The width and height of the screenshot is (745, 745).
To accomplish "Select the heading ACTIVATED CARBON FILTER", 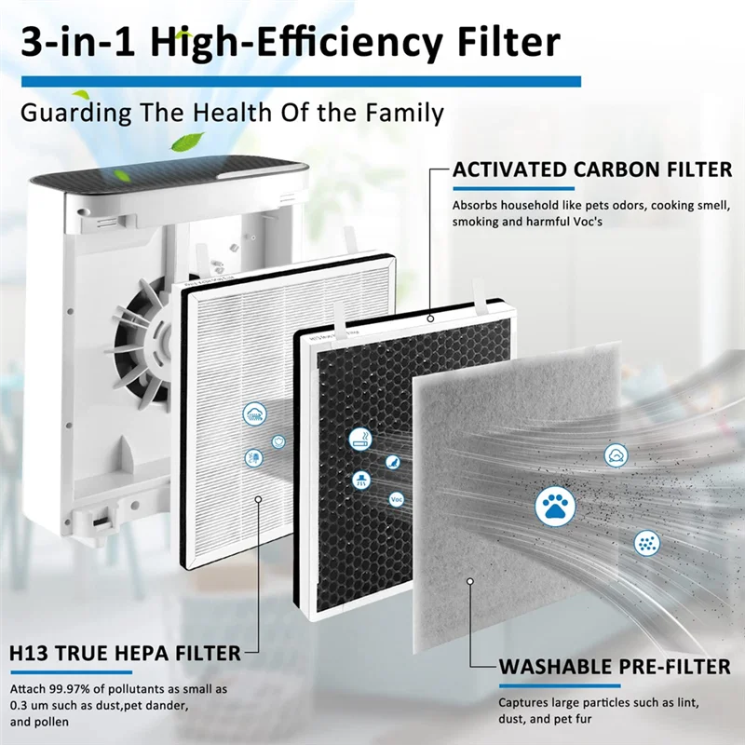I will point(592,170).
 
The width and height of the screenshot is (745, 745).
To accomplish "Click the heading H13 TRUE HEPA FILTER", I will point(125,653).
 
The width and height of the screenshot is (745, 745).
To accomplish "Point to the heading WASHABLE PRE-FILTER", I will point(615,667).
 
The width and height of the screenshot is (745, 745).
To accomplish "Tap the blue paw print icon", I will point(555,506).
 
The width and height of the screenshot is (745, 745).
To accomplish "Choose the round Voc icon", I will point(398,499).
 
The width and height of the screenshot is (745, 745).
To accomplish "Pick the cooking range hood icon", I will point(359,481).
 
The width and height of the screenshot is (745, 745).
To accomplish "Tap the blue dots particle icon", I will point(646,542).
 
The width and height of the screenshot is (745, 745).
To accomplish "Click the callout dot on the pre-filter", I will point(471,581).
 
